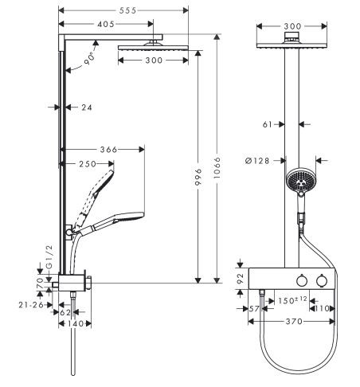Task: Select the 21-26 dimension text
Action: (32, 305)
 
